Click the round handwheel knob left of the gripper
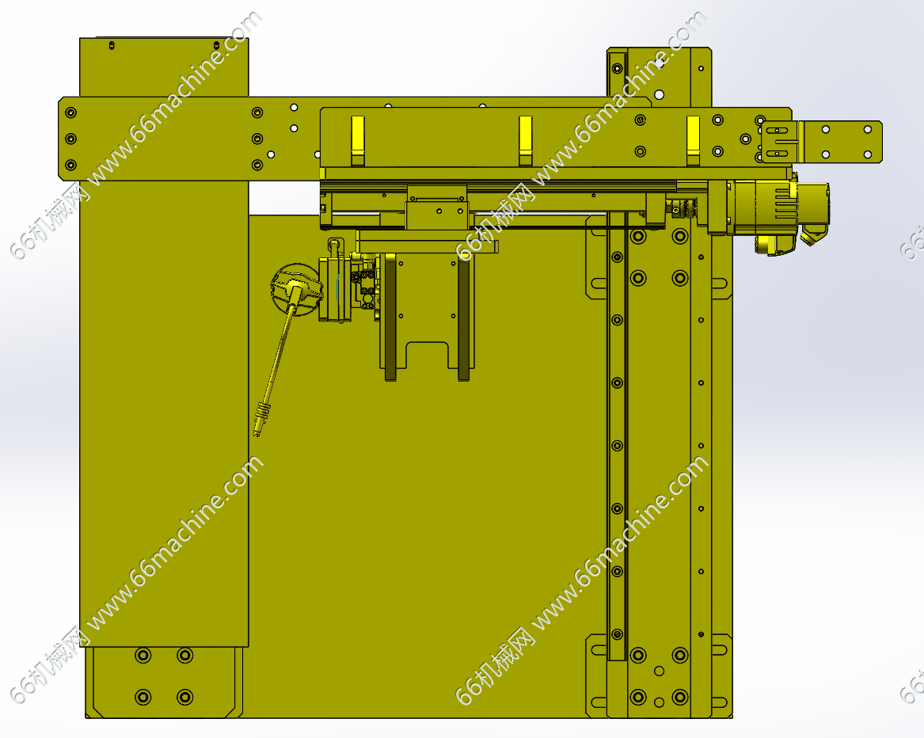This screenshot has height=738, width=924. pos(296,290)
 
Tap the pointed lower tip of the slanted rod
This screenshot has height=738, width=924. pos(255,436)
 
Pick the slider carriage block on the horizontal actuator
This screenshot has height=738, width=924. pos(436,207)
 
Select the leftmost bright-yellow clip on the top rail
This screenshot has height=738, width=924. pos(358,140)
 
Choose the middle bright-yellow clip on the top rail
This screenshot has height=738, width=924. pos(525,140)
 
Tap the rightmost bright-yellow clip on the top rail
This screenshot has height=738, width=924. pos(693,140)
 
